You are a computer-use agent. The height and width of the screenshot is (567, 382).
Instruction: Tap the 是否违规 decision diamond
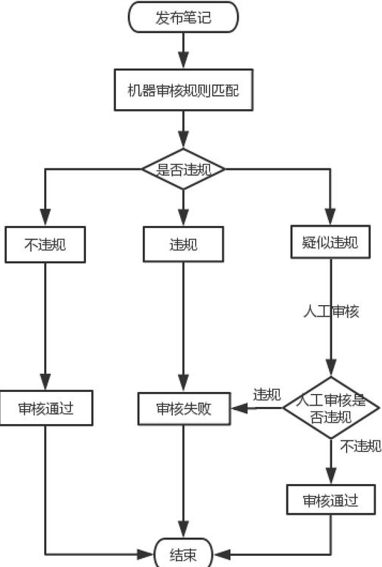pyautogui.click(x=183, y=169)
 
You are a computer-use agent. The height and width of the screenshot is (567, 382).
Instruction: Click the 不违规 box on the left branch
pyautogui.click(x=45, y=244)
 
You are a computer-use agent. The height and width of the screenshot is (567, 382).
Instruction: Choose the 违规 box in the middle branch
pyautogui.click(x=183, y=244)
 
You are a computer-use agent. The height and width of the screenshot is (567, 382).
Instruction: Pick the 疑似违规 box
pyautogui.click(x=329, y=242)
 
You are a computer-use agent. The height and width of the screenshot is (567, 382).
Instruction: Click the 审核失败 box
pyautogui.click(x=183, y=408)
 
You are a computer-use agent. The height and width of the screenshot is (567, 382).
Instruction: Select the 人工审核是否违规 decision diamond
pyautogui.click(x=330, y=408)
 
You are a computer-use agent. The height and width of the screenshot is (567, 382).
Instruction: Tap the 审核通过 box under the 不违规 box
pyautogui.click(x=46, y=408)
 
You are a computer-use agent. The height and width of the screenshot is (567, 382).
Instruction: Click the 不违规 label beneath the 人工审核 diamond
pyautogui.click(x=360, y=447)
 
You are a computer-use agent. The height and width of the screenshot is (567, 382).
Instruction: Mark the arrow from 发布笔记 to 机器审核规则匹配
pyautogui.click(x=183, y=50)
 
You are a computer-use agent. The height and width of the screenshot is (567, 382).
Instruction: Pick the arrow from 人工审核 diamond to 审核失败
pyautogui.click(x=258, y=408)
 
